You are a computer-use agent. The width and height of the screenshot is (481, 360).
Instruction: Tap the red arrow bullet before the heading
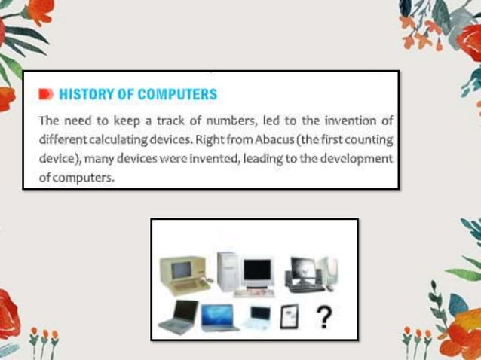(x=47, y=95)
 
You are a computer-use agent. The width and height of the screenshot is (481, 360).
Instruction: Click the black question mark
(x=324, y=317)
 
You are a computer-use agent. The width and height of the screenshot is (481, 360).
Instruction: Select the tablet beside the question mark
(x=290, y=317)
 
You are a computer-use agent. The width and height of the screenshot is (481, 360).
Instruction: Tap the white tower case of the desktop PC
(x=227, y=271)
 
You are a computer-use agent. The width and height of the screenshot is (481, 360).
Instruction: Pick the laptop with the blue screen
(x=218, y=317)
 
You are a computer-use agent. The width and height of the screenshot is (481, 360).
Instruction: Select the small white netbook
(x=259, y=317)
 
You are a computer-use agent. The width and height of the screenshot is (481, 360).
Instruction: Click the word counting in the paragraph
(x=366, y=140)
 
